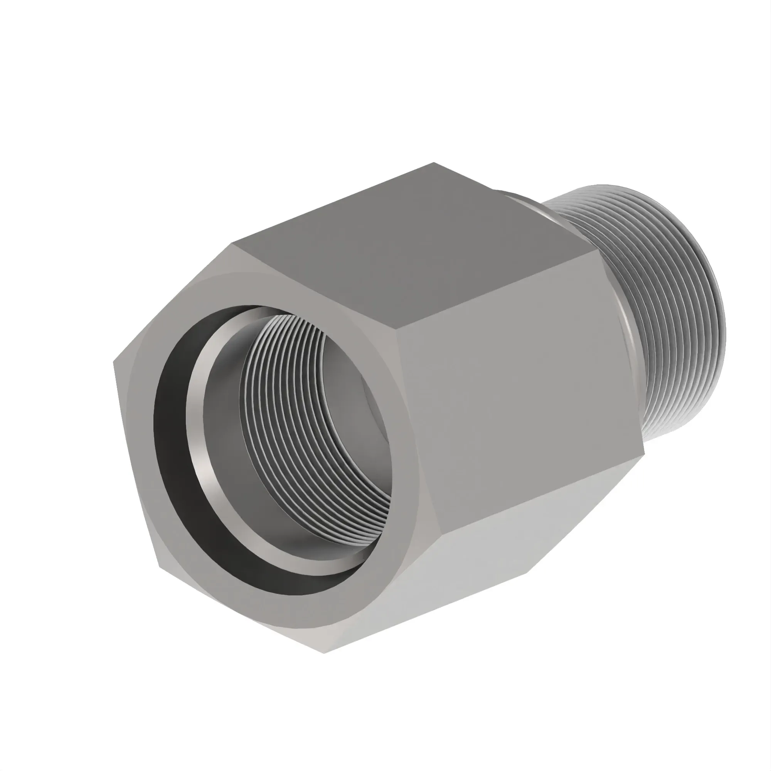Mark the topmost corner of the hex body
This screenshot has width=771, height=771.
pyautogui.click(x=434, y=163)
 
